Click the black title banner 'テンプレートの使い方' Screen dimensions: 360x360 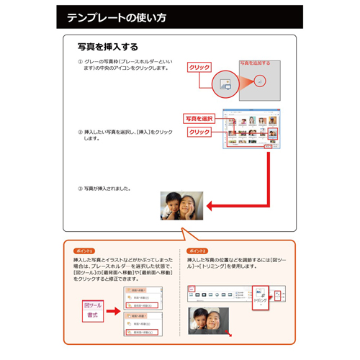coord(179,17)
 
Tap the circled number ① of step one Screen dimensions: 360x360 coord(81,62)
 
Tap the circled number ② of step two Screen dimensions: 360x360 coord(81,132)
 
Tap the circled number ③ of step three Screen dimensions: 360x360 coord(81,189)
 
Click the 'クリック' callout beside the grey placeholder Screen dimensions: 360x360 coord(199,68)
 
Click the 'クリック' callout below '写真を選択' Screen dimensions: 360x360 coord(199,132)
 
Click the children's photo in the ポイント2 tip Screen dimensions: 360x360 coord(208,321)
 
